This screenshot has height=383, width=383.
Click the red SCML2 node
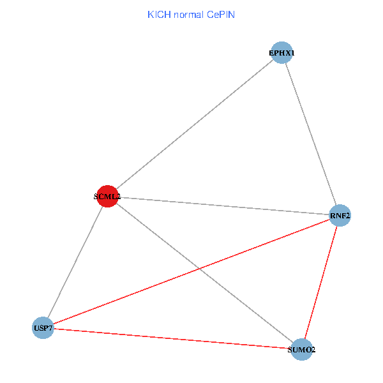pos(107,197)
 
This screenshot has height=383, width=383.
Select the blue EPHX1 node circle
pos(282,52)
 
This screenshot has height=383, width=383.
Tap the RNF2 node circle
pos(340,216)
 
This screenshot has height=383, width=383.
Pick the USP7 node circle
pos(43,327)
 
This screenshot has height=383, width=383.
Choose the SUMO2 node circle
pos(301,350)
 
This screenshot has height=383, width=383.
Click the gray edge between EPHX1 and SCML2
pos(195,124)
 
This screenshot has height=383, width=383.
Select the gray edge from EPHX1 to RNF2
pos(310,134)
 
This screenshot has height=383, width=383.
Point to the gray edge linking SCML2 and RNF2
pos(223,206)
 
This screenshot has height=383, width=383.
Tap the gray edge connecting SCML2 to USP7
pos(75,262)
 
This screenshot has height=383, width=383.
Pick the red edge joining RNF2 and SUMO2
pos(320,283)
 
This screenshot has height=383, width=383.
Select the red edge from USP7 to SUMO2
pos(172,338)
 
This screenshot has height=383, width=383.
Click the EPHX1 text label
pos(282,53)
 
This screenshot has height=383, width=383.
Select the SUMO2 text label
pos(301,350)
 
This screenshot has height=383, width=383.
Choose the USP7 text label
pos(43,328)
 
